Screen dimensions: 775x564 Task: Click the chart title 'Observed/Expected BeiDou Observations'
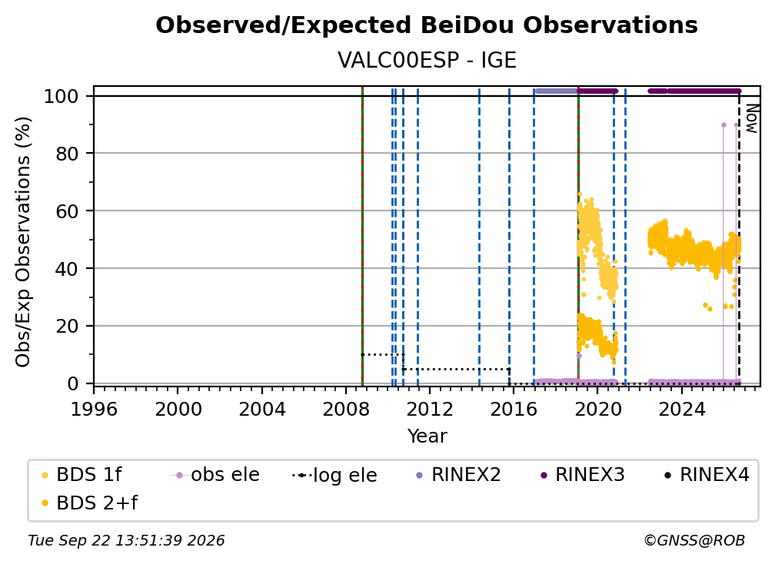[427, 25]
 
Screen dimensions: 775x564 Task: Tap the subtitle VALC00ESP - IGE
[427, 61]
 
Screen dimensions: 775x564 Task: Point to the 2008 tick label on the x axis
[346, 410]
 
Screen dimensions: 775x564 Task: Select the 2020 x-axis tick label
[597, 410]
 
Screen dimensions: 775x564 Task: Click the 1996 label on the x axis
[94, 410]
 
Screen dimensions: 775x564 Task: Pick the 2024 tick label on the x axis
[681, 410]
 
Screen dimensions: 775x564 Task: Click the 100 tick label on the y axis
[62, 96]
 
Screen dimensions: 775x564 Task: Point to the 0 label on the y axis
[73, 383]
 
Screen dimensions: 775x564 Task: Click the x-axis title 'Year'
[427, 436]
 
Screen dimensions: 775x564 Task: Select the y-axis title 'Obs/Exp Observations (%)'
[23, 242]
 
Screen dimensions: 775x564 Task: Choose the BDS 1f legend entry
[81, 475]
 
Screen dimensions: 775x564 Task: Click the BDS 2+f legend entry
[89, 503]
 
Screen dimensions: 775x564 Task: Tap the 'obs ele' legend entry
[215, 475]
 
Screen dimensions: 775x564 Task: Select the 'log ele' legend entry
[334, 475]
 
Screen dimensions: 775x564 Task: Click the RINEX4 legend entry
[707, 475]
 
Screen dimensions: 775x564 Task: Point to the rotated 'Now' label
[751, 118]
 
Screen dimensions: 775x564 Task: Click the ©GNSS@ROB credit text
[694, 541]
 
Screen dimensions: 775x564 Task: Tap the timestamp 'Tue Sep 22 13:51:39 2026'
[126, 541]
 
